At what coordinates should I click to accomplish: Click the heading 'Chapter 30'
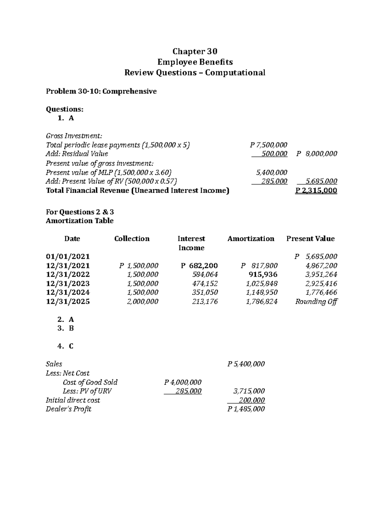195,51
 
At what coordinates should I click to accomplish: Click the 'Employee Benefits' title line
195,62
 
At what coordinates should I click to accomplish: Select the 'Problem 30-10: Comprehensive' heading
101,91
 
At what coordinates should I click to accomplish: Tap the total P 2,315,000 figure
316,191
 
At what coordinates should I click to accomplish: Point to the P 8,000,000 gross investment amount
317,153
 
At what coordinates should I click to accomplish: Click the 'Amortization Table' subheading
80,221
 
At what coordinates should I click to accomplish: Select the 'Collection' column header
132,239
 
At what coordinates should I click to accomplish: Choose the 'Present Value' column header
310,239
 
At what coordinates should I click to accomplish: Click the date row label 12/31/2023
68,284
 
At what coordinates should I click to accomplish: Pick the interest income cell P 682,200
199,266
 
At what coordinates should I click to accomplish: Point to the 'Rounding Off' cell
316,301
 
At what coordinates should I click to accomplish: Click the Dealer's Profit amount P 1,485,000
246,409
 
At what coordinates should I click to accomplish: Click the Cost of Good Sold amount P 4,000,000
183,382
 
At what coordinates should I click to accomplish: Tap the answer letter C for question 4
71,346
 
